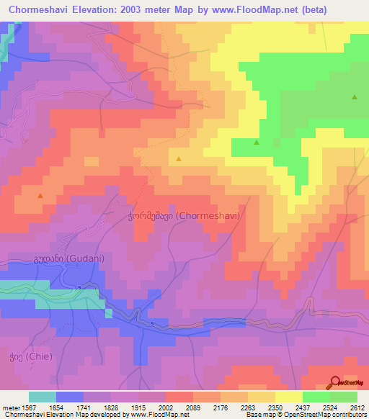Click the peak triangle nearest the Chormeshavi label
179,158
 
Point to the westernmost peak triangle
40,195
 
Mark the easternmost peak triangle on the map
354,97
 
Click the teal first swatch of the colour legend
43,397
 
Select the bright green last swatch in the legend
344,397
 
